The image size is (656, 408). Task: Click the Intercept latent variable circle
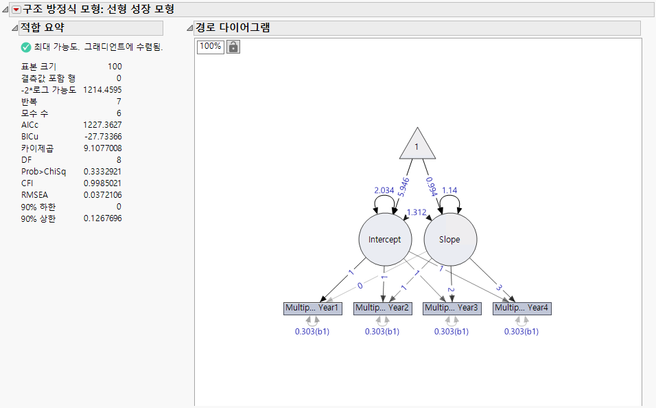click(385, 240)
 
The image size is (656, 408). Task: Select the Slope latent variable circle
click(450, 240)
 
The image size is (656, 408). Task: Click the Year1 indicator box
click(312, 308)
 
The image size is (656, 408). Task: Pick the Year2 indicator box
click(382, 308)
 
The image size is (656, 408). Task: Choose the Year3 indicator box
click(452, 308)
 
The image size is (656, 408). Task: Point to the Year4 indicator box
click(522, 308)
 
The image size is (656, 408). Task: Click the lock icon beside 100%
click(233, 47)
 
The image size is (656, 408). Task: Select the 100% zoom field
click(210, 47)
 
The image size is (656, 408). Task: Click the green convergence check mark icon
click(26, 47)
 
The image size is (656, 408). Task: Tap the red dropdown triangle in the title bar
click(16, 10)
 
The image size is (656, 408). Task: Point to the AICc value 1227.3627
click(102, 124)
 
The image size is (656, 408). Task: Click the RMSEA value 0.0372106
click(102, 194)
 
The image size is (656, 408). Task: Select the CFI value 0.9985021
click(102, 183)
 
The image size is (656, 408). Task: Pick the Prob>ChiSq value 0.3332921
click(102, 171)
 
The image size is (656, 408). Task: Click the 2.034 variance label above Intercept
click(384, 190)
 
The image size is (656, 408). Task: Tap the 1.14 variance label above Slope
click(449, 190)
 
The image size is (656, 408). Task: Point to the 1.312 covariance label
click(417, 212)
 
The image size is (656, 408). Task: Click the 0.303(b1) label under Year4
click(522, 332)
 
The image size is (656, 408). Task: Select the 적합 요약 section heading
click(43, 28)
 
